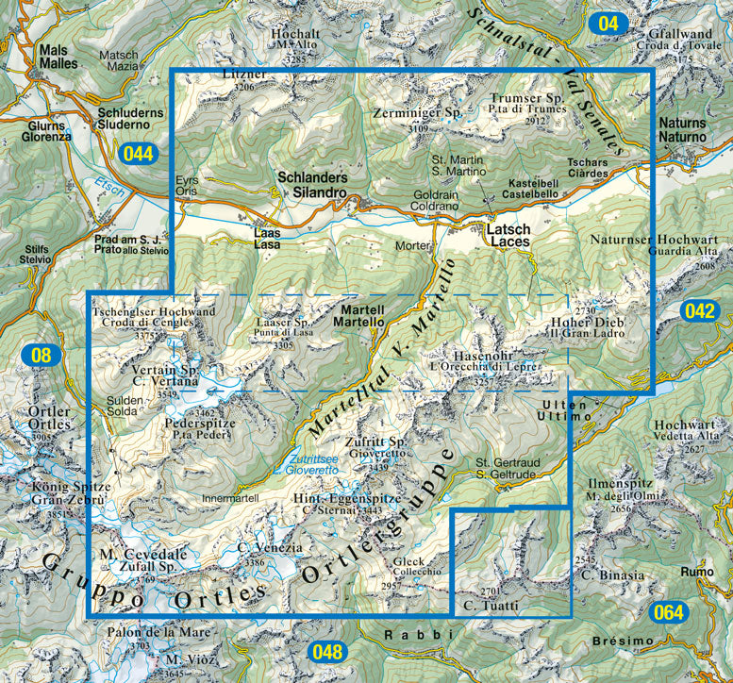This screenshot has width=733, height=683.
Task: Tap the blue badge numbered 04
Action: pos(608,23)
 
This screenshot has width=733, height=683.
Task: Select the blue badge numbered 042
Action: pos(699,312)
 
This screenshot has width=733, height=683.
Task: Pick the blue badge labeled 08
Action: pos(41,356)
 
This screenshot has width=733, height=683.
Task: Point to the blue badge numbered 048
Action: pos(328,651)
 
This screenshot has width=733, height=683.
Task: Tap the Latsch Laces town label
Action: pos(508,235)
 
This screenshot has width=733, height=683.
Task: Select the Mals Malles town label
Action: pos(58,56)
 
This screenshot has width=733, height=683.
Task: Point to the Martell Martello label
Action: pos(361,316)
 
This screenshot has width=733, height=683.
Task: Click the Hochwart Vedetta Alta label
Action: pos(683,430)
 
